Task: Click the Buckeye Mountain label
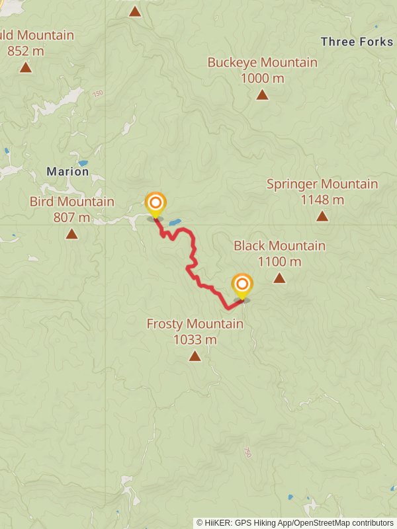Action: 262,63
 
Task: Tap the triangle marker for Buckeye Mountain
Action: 262,95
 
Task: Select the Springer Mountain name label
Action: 322,184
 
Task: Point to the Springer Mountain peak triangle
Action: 322,216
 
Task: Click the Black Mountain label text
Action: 279,246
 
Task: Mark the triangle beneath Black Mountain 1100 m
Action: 279,278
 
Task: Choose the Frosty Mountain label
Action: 195,324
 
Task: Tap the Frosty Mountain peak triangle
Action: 195,356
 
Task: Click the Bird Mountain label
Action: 71,202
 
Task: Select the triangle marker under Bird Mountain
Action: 71,233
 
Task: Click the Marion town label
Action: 67,172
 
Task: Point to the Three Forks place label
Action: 357,42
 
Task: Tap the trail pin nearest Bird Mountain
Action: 155,204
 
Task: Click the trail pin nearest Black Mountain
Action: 242,286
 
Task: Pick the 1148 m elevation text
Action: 322,200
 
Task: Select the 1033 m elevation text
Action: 195,340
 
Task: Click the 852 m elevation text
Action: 25,50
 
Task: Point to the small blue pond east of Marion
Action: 83,163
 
